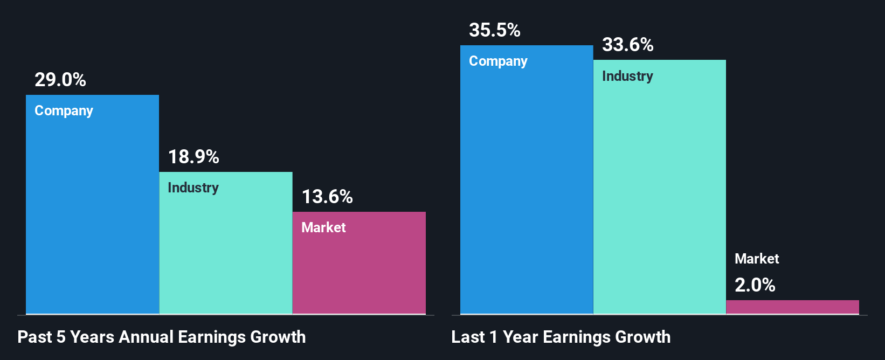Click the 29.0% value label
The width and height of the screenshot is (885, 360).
(60, 80)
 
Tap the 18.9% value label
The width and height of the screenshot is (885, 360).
(193, 157)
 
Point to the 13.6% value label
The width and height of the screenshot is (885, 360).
(327, 197)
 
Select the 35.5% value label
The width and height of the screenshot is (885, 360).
(495, 30)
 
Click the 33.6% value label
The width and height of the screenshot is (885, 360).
(628, 45)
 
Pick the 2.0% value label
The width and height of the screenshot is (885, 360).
(755, 285)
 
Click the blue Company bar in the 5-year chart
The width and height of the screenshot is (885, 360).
(92, 216)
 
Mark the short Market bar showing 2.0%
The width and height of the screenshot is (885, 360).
(792, 307)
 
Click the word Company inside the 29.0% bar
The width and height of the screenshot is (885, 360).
(64, 110)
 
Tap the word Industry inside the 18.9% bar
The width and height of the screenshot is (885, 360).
(193, 188)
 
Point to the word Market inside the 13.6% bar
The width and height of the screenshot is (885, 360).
(323, 227)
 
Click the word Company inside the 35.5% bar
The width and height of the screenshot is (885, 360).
(498, 61)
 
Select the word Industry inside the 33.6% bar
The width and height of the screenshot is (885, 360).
(627, 76)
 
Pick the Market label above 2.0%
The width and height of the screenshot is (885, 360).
(757, 259)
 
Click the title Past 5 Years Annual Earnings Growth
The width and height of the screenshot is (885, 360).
(162, 337)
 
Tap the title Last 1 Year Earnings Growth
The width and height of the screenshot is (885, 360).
(561, 337)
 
